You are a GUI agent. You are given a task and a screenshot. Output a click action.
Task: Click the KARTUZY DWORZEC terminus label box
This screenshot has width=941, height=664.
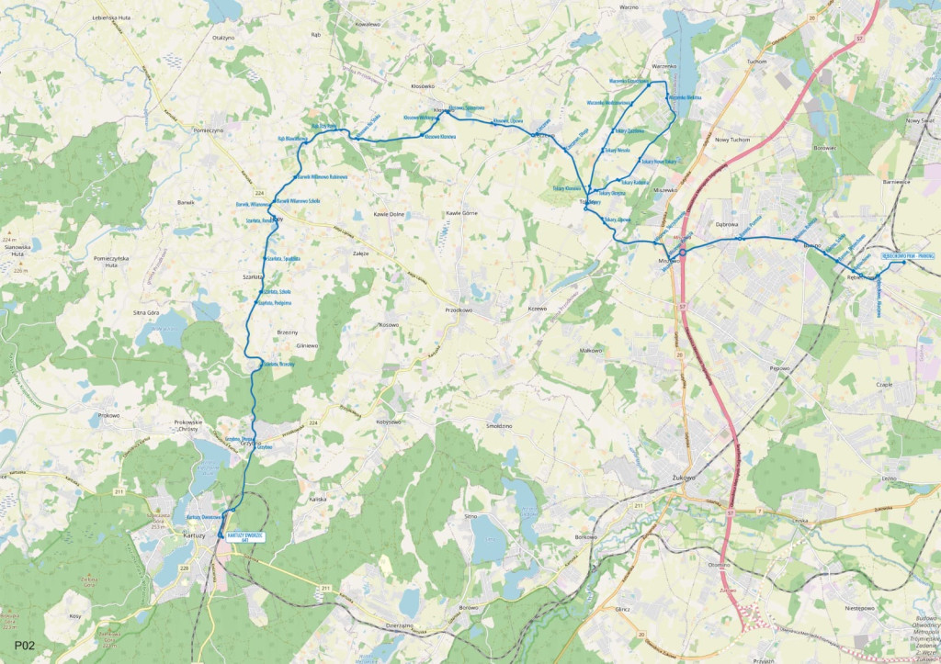245,537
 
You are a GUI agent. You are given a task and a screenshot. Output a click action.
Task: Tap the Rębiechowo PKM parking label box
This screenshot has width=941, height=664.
907,254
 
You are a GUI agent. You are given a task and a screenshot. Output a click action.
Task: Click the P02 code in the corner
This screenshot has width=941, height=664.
25,647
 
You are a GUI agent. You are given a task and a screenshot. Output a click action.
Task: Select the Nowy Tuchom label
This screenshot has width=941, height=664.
732,140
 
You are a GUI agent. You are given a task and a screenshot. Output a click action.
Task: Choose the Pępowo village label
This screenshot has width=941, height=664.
780,367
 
